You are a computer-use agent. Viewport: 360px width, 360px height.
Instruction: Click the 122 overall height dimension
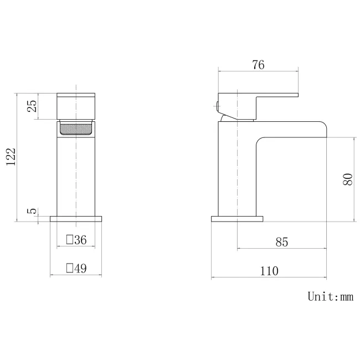click(11, 157)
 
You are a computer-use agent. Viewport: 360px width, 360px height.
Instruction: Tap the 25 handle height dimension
click(32, 106)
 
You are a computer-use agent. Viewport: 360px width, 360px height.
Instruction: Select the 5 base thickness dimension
click(32, 211)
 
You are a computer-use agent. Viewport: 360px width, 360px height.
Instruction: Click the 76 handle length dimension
click(258, 65)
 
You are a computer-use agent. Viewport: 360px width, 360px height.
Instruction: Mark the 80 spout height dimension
click(347, 179)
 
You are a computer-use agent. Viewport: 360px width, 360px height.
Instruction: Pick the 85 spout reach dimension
click(282, 242)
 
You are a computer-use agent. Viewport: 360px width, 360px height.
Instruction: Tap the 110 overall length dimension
click(269, 271)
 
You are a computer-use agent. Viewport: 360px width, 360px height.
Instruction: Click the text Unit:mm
click(331, 296)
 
